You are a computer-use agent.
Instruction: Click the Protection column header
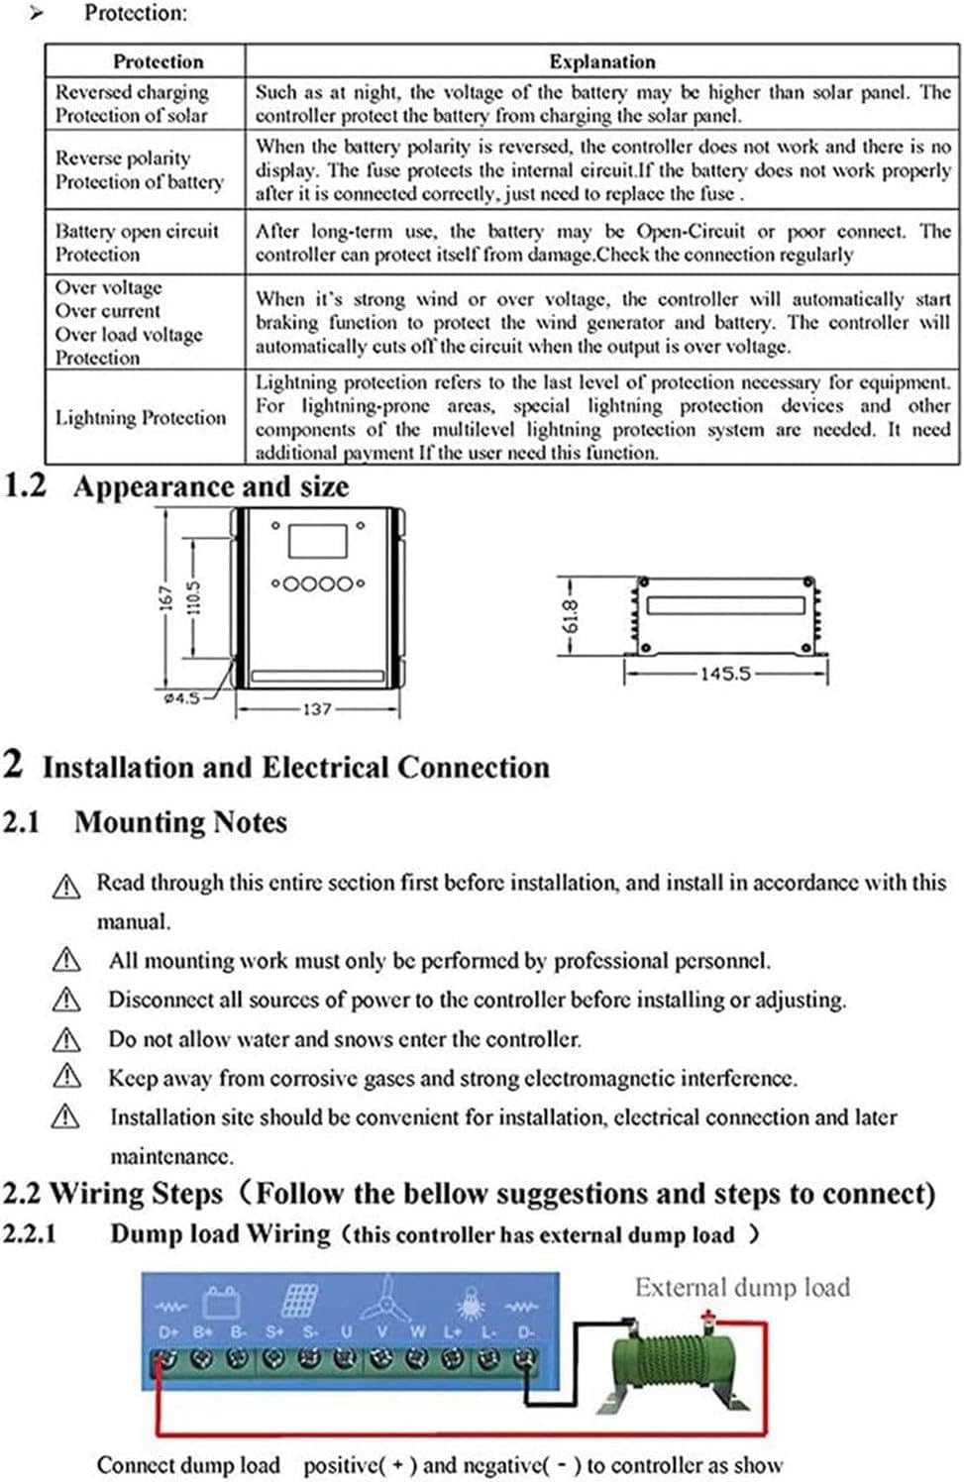(158, 61)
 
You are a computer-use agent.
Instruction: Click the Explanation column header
(601, 61)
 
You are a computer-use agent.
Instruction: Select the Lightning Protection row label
(141, 418)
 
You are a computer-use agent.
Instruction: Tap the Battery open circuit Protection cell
(137, 243)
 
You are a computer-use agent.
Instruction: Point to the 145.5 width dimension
(725, 674)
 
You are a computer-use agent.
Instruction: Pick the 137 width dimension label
(316, 709)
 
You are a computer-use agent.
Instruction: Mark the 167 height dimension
(166, 598)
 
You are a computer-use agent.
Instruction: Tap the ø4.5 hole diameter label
(181, 697)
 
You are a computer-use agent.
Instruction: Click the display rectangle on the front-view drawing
(317, 542)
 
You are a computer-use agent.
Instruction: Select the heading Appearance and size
(210, 486)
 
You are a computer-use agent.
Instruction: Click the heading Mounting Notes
(180, 822)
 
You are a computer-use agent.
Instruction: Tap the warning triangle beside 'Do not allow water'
(65, 1039)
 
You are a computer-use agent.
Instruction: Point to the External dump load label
(742, 1287)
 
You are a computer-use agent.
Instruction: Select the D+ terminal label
(168, 1332)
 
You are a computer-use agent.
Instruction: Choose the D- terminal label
(525, 1332)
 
